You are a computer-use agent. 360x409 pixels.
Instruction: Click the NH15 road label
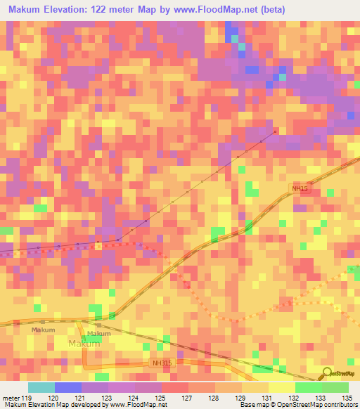(300, 188)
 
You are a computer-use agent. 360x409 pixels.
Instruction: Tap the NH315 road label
(161, 363)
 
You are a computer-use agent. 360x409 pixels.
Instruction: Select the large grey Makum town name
(84, 344)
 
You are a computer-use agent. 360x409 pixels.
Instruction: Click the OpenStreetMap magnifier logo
(326, 374)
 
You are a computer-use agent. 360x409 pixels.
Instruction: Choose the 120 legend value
(54, 397)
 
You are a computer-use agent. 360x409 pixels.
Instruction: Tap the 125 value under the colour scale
(161, 397)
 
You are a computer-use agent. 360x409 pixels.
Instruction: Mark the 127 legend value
(188, 397)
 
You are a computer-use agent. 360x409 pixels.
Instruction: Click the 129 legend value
(241, 397)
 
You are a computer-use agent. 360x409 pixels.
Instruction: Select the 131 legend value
(268, 397)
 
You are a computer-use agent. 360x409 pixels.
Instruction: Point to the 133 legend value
(321, 397)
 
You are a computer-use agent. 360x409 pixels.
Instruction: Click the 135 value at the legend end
(348, 397)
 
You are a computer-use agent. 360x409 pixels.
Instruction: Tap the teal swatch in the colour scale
(41, 387)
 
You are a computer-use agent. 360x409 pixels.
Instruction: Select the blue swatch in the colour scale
(68, 387)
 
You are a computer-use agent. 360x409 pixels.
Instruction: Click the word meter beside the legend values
(10, 397)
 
